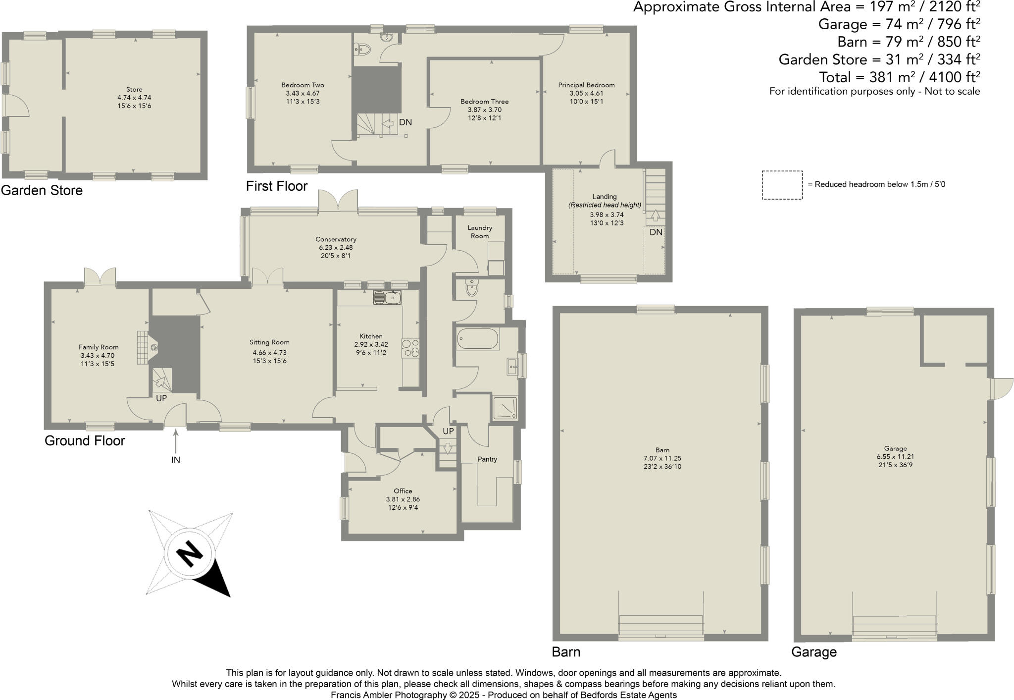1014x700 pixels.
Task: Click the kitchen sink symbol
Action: tap(387, 298)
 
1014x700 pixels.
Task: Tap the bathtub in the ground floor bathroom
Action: tap(477, 339)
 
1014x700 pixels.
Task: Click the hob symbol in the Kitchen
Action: tap(410, 347)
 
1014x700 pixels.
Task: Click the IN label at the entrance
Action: tap(175, 460)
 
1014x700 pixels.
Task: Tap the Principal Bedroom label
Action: tap(586, 85)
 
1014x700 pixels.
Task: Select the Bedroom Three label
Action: tap(484, 102)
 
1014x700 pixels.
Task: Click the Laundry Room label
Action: tap(479, 232)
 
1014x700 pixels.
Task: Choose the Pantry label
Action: tap(487, 459)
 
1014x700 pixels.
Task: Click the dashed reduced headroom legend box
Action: tap(782, 185)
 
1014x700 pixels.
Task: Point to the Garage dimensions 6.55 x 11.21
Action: tap(895, 457)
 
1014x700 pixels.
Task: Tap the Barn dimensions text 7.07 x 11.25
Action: tap(662, 458)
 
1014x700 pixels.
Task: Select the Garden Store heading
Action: tap(42, 190)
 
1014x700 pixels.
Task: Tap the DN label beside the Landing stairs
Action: tap(656, 232)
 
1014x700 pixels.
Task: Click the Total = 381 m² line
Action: tap(899, 77)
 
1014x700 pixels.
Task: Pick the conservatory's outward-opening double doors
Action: tap(338, 202)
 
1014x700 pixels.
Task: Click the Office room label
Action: tap(403, 491)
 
